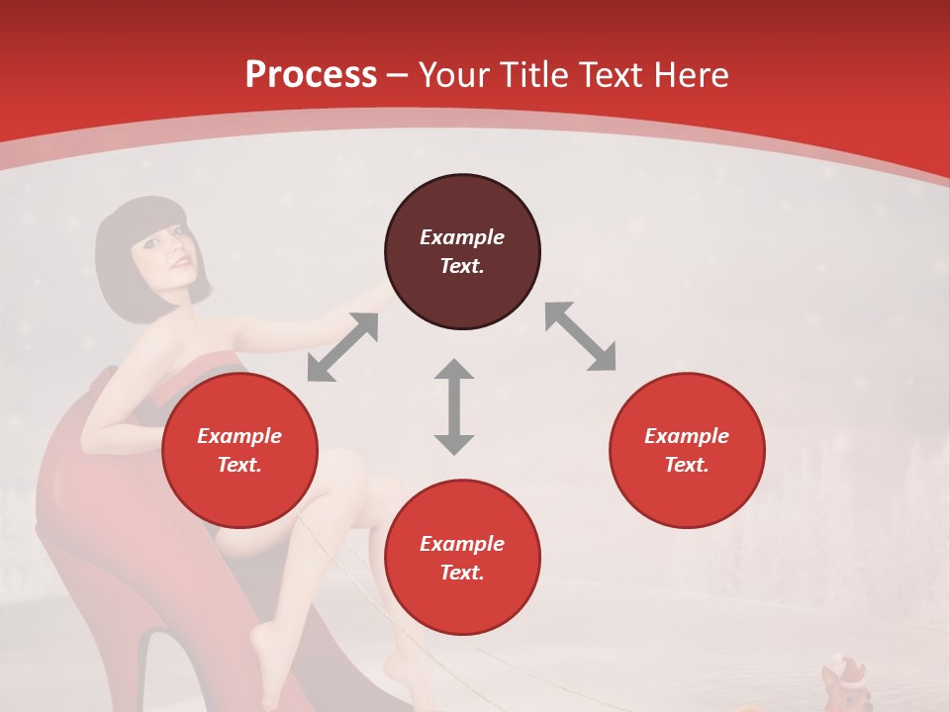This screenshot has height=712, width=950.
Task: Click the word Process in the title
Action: (x=311, y=75)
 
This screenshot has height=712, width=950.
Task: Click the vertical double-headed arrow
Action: (x=454, y=406)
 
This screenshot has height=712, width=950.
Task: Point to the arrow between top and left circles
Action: (x=342, y=347)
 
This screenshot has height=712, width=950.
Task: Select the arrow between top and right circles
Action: (x=580, y=336)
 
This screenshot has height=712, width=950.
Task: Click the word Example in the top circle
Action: (x=462, y=237)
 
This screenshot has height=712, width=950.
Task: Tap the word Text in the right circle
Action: (x=687, y=465)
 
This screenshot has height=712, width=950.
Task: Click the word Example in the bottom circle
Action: (x=462, y=544)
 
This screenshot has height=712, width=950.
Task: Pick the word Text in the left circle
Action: (x=239, y=465)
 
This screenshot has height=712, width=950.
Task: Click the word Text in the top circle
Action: (x=462, y=266)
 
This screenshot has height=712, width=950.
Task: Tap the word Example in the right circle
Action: (x=687, y=436)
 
